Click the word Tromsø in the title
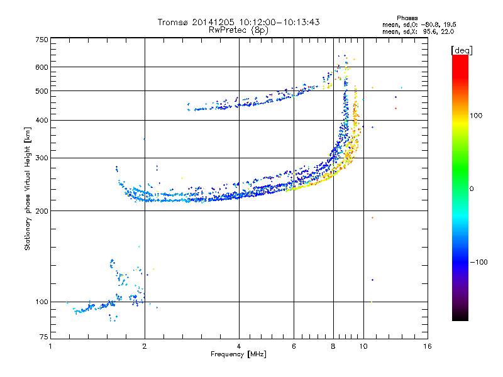click(174, 22)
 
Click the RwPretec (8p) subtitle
click(238, 30)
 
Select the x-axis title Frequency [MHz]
click(238, 354)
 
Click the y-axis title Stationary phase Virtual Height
click(27, 189)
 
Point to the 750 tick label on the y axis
click(42, 40)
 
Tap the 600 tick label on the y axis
click(42, 67)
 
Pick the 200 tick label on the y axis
click(42, 211)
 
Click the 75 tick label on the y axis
click(44, 337)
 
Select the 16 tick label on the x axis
click(428, 346)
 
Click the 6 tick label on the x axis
click(294, 346)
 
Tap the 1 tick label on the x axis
click(50, 346)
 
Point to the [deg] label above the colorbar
click(462, 51)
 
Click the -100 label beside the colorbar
click(479, 262)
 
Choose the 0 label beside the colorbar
click(472, 189)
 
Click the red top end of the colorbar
click(460, 57)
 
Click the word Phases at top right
click(407, 18)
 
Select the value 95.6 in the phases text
click(429, 32)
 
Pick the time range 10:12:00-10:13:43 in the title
click(279, 22)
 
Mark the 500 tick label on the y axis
click(42, 91)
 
